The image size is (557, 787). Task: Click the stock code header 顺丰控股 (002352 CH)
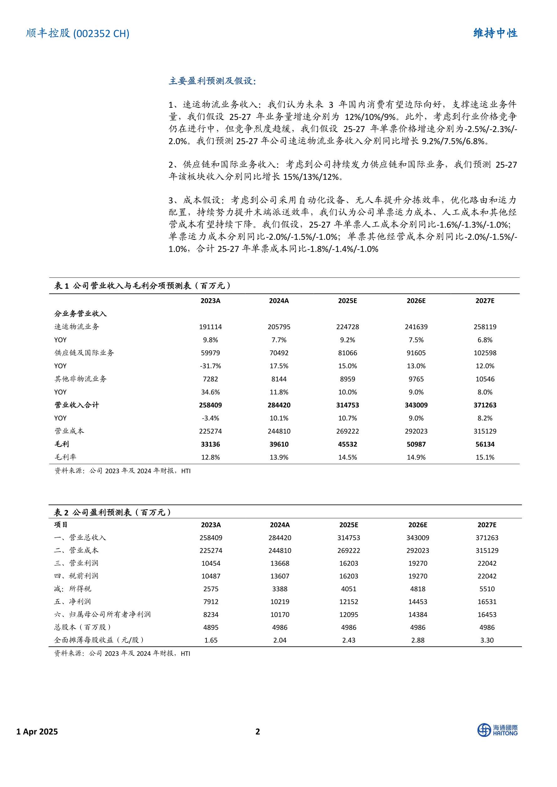(x=77, y=33)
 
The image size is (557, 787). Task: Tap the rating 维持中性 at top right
(x=495, y=33)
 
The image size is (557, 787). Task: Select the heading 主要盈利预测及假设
(x=212, y=81)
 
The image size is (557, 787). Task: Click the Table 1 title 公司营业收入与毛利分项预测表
(x=142, y=286)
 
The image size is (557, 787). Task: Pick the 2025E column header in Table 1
(x=347, y=301)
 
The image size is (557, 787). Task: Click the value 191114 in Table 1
(x=210, y=327)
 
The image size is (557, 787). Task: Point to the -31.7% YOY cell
(x=210, y=366)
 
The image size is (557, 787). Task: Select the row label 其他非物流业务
(x=81, y=379)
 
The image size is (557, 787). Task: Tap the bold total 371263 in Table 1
(x=485, y=405)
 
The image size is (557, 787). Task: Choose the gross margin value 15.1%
(x=485, y=457)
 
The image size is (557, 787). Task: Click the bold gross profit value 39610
(x=279, y=444)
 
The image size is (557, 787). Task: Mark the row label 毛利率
(x=65, y=457)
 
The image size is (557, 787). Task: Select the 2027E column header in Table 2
(x=487, y=525)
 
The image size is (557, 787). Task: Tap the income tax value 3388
(x=279, y=589)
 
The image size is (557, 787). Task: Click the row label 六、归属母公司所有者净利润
(x=102, y=614)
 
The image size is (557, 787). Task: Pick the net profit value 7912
(x=211, y=602)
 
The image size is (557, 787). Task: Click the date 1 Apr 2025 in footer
(x=37, y=732)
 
